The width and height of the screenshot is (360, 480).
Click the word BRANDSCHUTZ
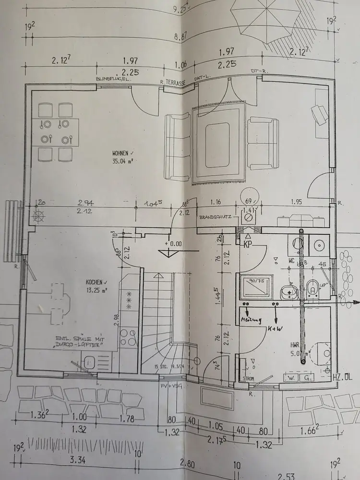pos(216,217)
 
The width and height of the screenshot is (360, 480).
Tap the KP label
pos(248,244)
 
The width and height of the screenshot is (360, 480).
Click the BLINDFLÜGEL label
pos(114,79)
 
